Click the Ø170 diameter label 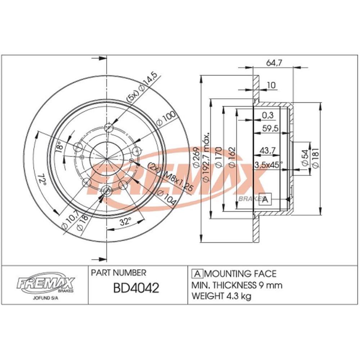pyautogui.click(x=218, y=158)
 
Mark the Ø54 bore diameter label pyautogui.click(x=305, y=158)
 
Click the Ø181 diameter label pyautogui.click(x=316, y=158)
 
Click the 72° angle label pyautogui.click(x=42, y=179)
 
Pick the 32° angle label pyautogui.click(x=125, y=222)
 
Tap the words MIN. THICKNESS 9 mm pyautogui.click(x=237, y=285)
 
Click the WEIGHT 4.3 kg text pyautogui.click(x=222, y=296)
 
